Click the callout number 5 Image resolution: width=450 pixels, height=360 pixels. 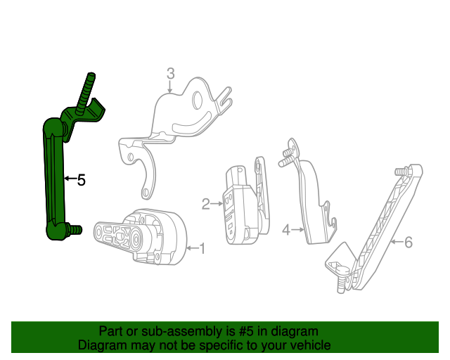(x=82, y=180)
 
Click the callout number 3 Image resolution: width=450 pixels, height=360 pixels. (x=170, y=73)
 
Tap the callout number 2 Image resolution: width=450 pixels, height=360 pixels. (x=206, y=205)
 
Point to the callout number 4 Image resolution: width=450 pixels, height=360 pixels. (x=286, y=229)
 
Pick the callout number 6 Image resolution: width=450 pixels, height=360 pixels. (x=408, y=243)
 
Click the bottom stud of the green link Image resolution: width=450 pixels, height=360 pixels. (x=74, y=229)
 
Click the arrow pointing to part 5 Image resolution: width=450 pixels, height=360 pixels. (x=68, y=179)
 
